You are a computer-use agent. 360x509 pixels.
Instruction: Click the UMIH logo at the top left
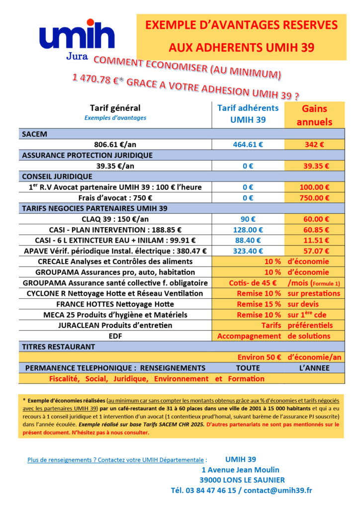tap(77, 39)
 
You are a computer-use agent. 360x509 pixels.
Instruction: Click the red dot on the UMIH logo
tap(90, 22)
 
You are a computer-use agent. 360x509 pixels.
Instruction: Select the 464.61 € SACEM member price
tap(248, 145)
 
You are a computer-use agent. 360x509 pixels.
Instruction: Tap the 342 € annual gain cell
tap(314, 145)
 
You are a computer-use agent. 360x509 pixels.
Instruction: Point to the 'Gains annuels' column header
tap(314, 115)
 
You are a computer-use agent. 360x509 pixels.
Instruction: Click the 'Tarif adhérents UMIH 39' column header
tap(248, 113)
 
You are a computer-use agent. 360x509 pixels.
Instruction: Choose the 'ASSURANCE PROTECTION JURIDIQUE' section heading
tap(87, 155)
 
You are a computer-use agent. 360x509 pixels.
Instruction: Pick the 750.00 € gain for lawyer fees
tap(314, 197)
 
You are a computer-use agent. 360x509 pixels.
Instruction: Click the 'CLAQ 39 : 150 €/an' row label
tap(115, 219)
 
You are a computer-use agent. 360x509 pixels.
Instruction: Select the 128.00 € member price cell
tap(248, 230)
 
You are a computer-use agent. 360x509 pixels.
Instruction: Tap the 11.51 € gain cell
tap(314, 240)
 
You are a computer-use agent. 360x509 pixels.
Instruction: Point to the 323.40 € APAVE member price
tap(248, 251)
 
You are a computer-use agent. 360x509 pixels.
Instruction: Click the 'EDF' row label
tap(115, 336)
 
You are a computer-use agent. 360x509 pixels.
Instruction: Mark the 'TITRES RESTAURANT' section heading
tap(58, 346)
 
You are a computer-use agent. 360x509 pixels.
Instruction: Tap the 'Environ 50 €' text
tap(259, 357)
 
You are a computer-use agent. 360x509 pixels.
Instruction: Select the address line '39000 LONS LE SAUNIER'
tap(242, 480)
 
